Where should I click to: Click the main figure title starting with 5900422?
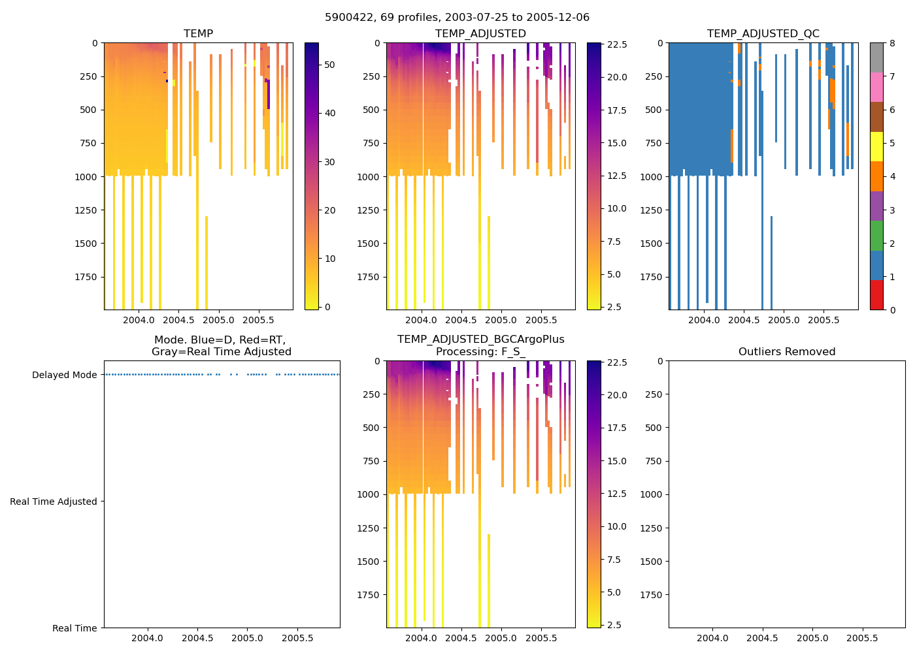coord(457,18)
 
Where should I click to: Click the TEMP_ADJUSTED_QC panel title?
coord(763,34)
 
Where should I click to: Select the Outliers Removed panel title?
coord(786,352)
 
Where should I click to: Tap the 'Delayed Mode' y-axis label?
coord(64,375)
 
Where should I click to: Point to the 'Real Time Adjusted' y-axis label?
coord(53,502)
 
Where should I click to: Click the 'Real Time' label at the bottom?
coord(75,628)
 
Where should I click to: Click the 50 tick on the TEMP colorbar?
coord(329,65)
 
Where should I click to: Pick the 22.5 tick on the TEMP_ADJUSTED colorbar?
coord(617,44)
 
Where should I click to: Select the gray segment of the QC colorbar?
coord(876,57)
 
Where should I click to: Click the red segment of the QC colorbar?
coord(876,295)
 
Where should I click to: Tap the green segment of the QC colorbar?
coord(876,235)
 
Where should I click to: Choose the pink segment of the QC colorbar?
coord(876,87)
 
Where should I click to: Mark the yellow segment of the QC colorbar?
coord(876,146)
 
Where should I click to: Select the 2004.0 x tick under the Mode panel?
coord(147,638)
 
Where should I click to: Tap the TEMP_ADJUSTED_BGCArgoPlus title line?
coord(480,340)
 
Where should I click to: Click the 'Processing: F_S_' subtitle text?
coord(480,352)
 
